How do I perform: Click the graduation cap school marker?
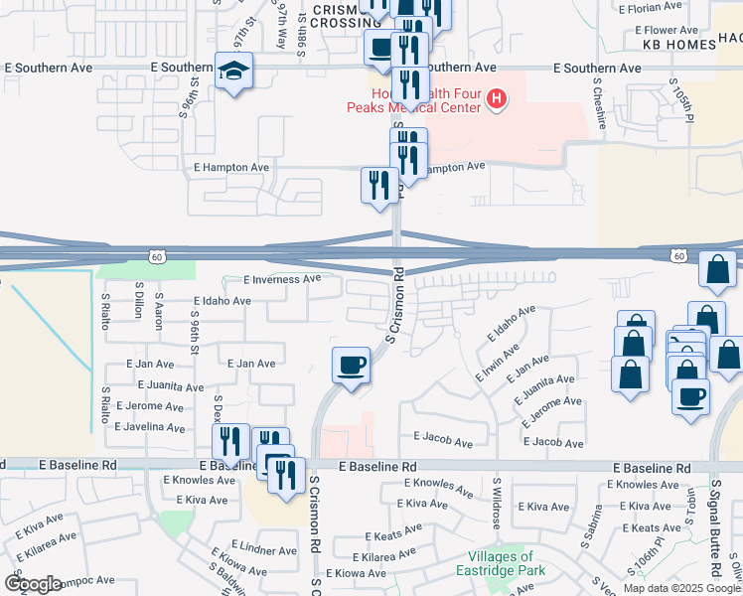(234, 72)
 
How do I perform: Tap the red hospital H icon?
(496, 99)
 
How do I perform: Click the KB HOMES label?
(679, 46)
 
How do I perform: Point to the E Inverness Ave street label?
(281, 279)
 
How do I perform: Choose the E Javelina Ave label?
(150, 427)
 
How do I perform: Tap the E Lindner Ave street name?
(263, 549)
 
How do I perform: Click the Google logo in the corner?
(33, 583)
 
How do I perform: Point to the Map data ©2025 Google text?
(681, 588)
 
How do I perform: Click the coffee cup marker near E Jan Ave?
(351, 367)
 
